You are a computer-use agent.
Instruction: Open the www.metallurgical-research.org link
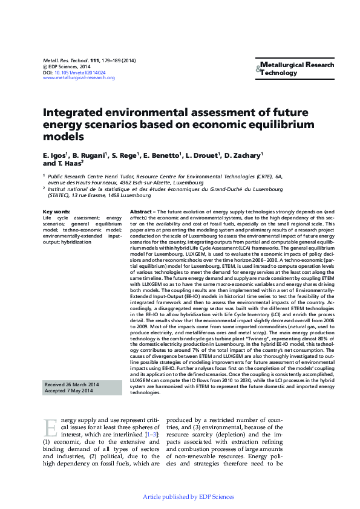[x=79, y=77]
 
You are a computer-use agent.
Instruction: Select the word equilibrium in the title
[x=277, y=125]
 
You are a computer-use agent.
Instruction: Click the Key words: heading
[x=56, y=210]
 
